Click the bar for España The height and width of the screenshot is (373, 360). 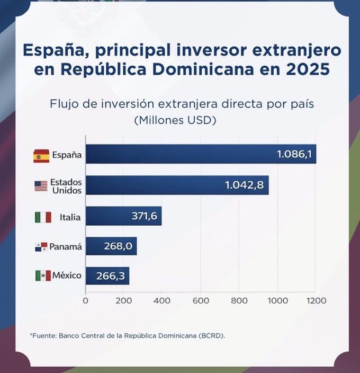coord(201,154)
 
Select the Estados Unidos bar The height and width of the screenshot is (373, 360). coord(177,185)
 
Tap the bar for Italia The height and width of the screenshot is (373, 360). coord(124,216)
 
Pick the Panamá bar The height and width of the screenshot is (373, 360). coord(111,246)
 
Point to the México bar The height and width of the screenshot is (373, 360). coord(107,276)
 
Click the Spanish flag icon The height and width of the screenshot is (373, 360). coord(41,155)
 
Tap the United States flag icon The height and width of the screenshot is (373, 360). coord(41,186)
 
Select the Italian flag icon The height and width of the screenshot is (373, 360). coord(43,217)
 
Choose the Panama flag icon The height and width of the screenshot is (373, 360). coord(41,247)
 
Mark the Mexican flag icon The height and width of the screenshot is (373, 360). coord(43,276)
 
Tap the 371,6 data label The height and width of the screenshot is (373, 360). coord(144,216)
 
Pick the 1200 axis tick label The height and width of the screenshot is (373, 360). coord(316,300)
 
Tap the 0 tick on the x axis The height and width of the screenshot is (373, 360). coord(86,300)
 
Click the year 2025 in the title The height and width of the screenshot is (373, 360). coord(309,69)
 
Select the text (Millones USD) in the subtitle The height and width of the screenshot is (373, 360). coord(175,120)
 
